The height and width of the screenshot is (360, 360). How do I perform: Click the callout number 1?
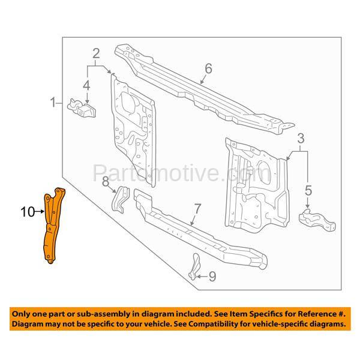[54, 102]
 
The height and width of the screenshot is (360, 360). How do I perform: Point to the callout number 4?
[86, 86]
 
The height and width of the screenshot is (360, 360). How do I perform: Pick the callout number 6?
[208, 69]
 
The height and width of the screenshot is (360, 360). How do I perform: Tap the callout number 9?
[211, 277]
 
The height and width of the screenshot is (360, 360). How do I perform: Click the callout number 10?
[28, 211]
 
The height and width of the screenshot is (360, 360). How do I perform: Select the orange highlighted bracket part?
[53, 225]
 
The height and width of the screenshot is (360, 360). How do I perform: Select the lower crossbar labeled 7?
[198, 231]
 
